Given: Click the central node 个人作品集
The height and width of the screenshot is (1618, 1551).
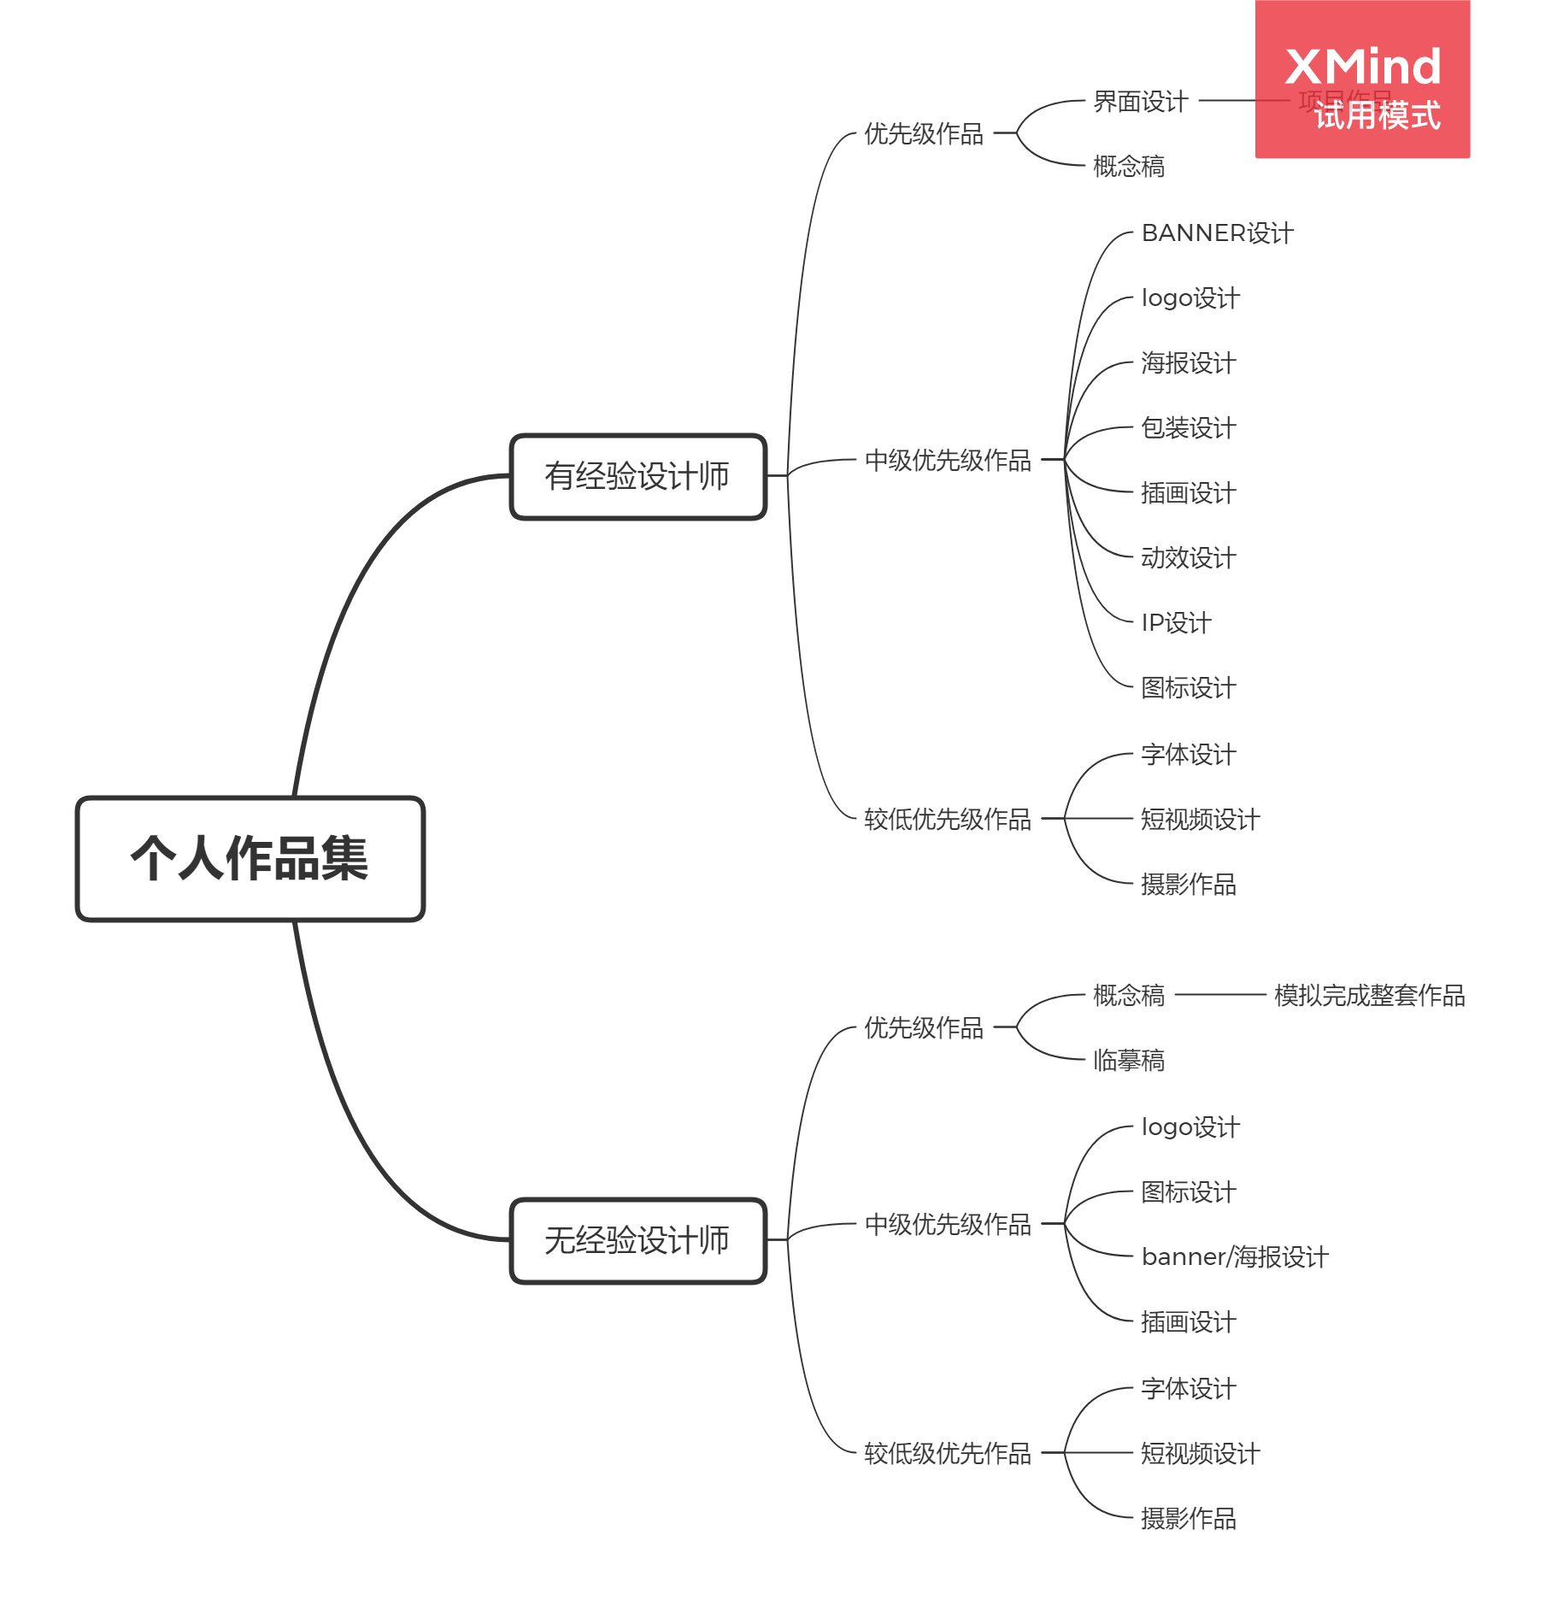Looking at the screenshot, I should [x=250, y=858].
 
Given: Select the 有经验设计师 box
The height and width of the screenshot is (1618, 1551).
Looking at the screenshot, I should [x=637, y=476].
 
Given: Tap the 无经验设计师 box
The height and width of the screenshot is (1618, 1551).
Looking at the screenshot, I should [x=637, y=1240].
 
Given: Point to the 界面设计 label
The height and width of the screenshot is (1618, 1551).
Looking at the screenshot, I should [x=1140, y=102].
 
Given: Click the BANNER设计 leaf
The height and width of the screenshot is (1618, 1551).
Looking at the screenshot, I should [x=1217, y=232].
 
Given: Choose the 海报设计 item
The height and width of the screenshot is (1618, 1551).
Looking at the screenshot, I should [x=1188, y=362].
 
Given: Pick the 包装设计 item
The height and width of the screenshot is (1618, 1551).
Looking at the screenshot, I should [x=1188, y=427].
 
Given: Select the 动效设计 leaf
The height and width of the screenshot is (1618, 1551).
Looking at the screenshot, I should [x=1188, y=557].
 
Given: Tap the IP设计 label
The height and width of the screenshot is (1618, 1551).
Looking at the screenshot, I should [x=1176, y=622].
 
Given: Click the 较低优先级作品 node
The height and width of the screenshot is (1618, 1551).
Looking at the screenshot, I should [x=947, y=819].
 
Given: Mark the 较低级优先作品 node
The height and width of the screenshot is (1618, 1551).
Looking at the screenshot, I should [x=947, y=1453].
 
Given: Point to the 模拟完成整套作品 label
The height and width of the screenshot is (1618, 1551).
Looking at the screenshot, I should [x=1369, y=995].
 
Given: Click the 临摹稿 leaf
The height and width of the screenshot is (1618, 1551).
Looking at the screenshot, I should [x=1128, y=1060].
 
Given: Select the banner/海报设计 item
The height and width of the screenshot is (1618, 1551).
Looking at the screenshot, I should [x=1234, y=1256].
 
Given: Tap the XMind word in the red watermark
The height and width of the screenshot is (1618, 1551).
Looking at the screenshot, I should [x=1362, y=67].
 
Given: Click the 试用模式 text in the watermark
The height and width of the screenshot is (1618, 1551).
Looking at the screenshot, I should [x=1377, y=115].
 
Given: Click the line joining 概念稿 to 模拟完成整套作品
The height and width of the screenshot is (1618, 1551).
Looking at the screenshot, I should [x=1219, y=995].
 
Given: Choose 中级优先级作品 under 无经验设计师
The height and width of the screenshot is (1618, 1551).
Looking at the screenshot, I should [x=947, y=1224].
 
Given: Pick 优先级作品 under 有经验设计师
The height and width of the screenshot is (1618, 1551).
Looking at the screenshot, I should [x=923, y=133].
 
